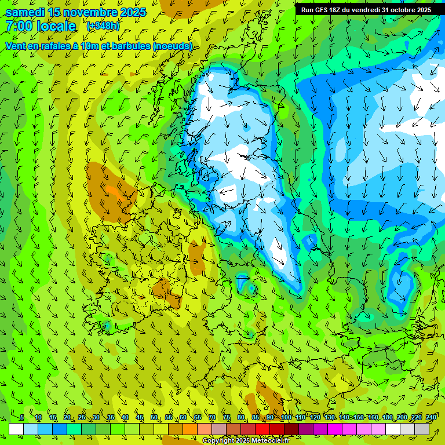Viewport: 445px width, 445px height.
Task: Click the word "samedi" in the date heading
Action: click(25, 12)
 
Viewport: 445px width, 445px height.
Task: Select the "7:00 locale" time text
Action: click(41, 26)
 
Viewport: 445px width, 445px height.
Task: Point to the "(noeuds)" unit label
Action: click(172, 46)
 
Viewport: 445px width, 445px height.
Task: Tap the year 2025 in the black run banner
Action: click(422, 10)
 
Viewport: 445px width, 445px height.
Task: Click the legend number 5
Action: click(22, 417)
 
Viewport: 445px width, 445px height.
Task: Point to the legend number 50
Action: click(154, 417)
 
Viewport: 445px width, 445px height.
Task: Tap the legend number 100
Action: click(286, 417)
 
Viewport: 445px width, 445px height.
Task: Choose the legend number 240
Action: click(431, 417)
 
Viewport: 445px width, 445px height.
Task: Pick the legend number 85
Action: click(256, 417)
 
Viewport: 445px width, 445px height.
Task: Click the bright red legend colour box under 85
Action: click(262, 429)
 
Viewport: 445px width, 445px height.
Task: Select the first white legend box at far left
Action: click(16, 429)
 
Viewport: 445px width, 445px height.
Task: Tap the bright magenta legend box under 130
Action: click(335, 429)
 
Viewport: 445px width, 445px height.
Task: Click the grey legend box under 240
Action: click(422, 429)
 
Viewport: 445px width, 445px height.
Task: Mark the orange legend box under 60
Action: click(176, 429)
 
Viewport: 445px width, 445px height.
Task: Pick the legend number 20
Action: click(67, 417)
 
